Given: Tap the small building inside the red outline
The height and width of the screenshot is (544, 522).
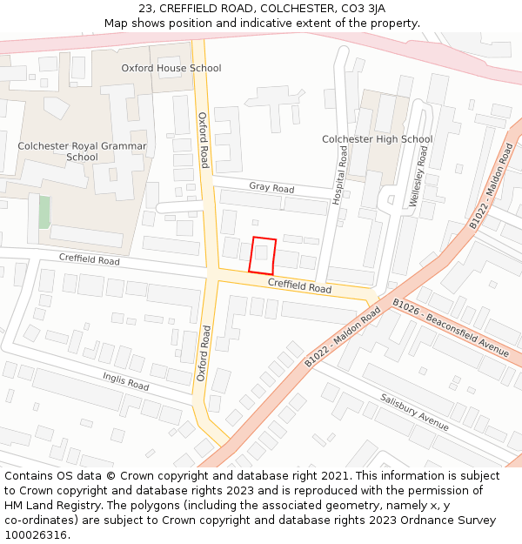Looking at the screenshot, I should pos(261,254).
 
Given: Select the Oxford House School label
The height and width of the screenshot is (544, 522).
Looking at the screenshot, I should pos(171,68).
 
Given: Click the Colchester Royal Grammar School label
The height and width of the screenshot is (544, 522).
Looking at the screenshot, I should pos(82,151).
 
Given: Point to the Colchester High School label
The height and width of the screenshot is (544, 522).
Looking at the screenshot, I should pos(377,139).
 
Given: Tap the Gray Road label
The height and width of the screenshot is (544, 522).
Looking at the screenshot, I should pos(271,187).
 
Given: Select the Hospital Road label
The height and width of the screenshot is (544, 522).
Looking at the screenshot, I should pos(341,175).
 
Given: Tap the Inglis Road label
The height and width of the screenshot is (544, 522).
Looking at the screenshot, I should pos(127,379).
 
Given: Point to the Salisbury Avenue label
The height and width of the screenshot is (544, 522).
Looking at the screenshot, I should pos(414,412).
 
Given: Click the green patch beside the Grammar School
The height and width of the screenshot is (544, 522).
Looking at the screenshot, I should pos(44,212).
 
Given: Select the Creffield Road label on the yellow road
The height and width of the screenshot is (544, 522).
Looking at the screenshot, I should pos(299,285).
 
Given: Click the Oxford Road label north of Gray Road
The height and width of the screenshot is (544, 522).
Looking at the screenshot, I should pos(203,140).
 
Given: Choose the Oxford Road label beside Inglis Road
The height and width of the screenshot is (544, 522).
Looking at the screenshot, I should pos(203,353).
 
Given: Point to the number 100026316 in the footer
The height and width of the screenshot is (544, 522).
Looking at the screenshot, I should pos(36,534).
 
